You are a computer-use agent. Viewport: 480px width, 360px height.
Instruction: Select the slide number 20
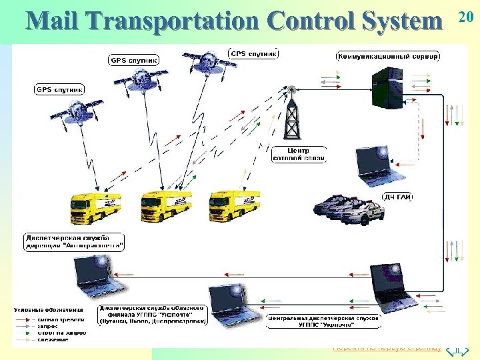[x=467, y=17]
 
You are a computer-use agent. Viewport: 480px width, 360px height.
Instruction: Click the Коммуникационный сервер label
[x=389, y=56]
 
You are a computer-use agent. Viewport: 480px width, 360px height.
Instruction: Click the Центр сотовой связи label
[x=299, y=154]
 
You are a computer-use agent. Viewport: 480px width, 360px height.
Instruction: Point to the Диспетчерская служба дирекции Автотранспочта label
[x=75, y=241]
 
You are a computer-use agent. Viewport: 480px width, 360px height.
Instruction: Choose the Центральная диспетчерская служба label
[x=323, y=321]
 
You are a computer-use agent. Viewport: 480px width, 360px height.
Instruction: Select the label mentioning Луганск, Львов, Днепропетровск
[x=153, y=315]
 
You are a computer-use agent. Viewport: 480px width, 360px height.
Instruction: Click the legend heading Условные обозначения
[x=49, y=309]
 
